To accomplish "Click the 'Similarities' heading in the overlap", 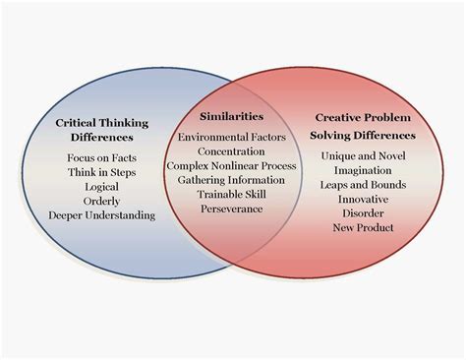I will pos(232,116).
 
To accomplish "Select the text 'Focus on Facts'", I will pos(102,157).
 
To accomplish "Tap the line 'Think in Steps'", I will pos(102,172).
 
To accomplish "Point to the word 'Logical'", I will pos(102,186).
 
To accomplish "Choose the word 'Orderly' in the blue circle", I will pos(102,201).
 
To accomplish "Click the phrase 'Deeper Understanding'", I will pos(102,215).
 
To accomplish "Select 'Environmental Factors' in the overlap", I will pos(232,138).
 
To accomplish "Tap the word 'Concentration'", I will pos(232,151).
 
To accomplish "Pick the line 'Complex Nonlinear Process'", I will pos(232,166).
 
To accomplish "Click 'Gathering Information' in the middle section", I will pos(232,180).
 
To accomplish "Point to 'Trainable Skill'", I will pos(232,195).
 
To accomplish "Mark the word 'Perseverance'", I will pos(232,209).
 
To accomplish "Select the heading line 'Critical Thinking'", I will pos(102,122).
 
